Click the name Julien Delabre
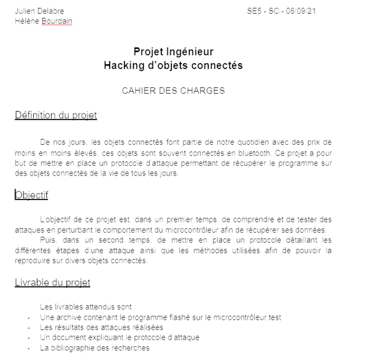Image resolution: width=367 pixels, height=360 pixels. pyautogui.click(x=39, y=11)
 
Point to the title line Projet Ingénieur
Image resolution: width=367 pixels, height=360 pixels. pyautogui.click(x=173, y=52)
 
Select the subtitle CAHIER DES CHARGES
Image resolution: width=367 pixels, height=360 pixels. pyautogui.click(x=173, y=91)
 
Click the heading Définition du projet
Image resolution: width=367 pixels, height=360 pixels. pyautogui.click(x=56, y=115)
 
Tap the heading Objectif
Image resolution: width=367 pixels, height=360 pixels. pyautogui.click(x=32, y=195)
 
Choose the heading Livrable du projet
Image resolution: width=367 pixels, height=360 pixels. pyautogui.click(x=52, y=282)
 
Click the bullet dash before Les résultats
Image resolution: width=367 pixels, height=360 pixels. pyautogui.click(x=29, y=328)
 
